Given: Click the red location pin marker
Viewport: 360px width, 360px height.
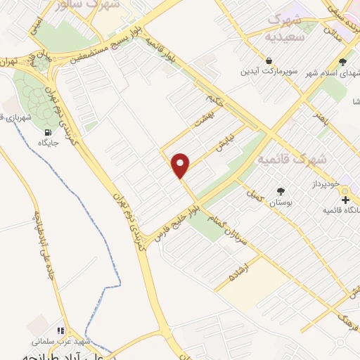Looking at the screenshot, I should pyautogui.click(x=181, y=165).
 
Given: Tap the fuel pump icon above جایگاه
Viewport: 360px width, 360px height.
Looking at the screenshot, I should pyautogui.click(x=48, y=132).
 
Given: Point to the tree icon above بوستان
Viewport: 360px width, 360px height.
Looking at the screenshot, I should pyautogui.click(x=281, y=191).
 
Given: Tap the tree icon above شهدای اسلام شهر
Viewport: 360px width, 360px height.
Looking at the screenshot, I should pyautogui.click(x=342, y=62).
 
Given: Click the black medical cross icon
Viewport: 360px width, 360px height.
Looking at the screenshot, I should pyautogui.click(x=345, y=200).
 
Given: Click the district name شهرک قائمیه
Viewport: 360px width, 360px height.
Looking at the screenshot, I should pyautogui.click(x=292, y=160).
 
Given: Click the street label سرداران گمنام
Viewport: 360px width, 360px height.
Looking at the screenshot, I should pyautogui.click(x=233, y=232).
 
